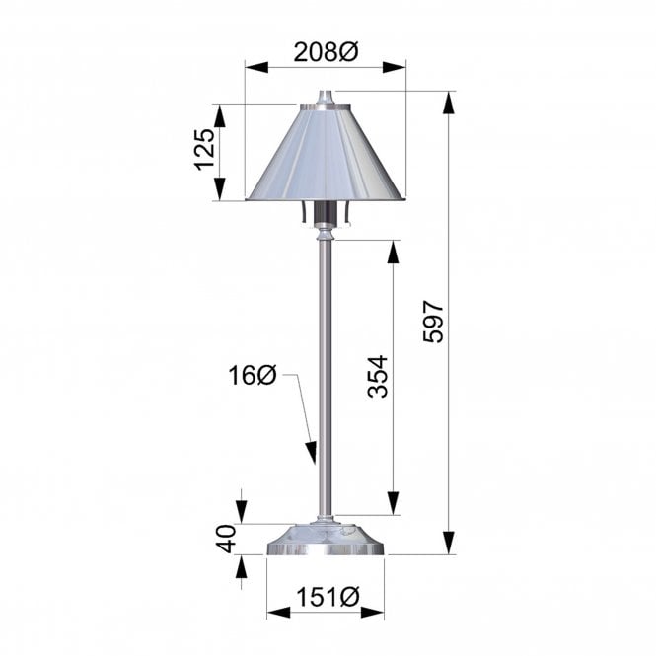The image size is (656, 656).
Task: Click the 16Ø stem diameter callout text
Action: tap(252, 375)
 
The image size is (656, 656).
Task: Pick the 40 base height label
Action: tap(225, 541)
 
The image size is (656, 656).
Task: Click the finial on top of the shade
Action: tap(325, 99)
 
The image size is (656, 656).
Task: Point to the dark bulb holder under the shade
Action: tap(325, 214)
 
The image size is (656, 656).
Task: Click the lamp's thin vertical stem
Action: tap(325, 375)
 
